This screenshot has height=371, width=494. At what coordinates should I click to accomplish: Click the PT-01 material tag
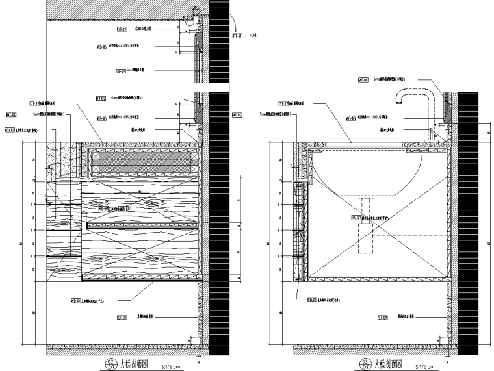pos(237,37)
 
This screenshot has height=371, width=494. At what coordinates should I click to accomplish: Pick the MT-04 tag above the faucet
pos(364,80)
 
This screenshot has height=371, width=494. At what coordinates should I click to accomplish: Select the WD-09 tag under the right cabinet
pos(311,300)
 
